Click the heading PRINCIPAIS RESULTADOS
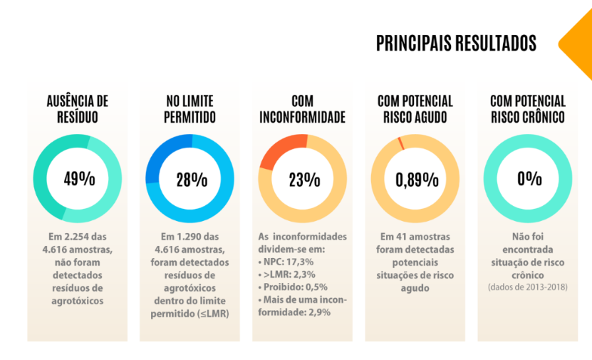456,43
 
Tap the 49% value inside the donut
78,179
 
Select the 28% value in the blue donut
191,179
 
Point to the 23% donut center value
303,179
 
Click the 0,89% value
416,179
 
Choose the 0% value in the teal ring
529,179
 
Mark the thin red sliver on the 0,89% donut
400,142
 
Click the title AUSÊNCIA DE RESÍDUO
78,109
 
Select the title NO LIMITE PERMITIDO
191,109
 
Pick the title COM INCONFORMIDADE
303,109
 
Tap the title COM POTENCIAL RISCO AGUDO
416,109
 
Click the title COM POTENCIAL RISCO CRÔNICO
529,109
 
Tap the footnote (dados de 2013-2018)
529,288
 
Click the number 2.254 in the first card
73,237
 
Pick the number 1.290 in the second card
187,237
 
